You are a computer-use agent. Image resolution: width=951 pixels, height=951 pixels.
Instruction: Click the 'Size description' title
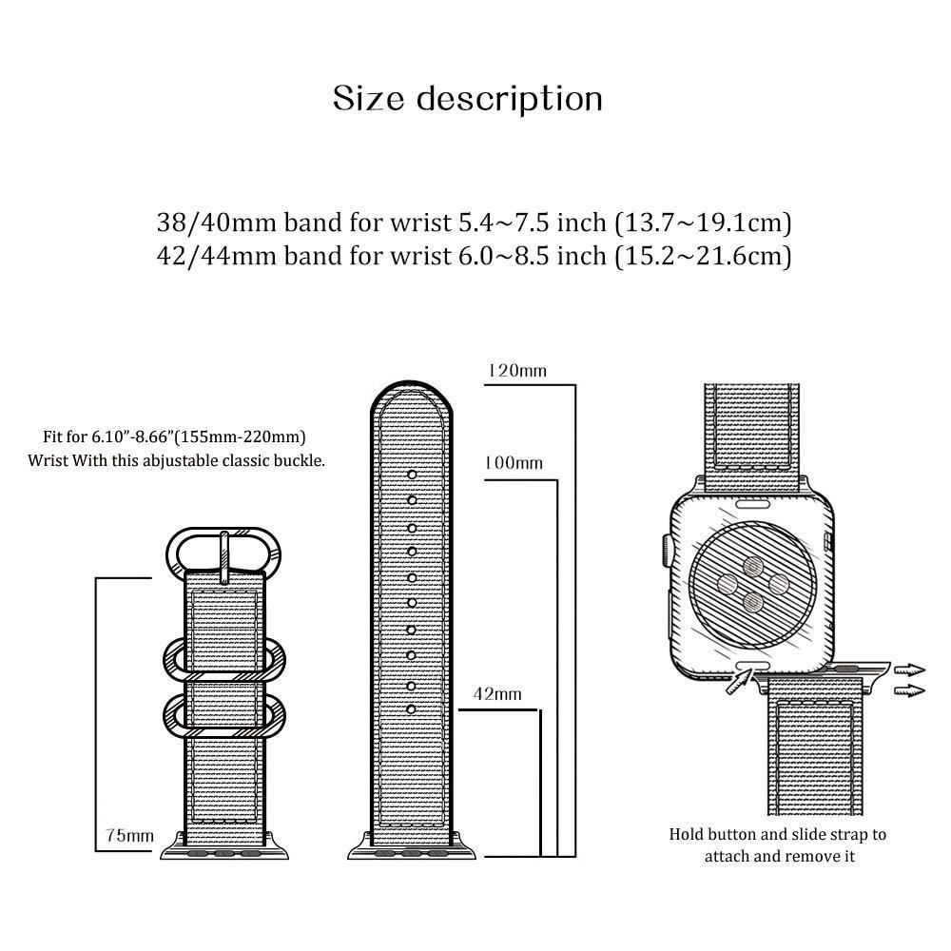tap(468, 99)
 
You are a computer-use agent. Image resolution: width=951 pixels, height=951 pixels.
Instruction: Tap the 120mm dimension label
tap(516, 371)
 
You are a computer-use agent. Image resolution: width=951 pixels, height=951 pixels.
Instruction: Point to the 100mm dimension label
tap(514, 463)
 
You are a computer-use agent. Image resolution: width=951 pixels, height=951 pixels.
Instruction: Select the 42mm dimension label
tap(497, 694)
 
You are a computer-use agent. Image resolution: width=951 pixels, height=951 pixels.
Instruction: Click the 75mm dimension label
tap(129, 836)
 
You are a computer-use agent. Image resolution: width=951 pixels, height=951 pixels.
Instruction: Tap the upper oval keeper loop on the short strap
tap(223, 656)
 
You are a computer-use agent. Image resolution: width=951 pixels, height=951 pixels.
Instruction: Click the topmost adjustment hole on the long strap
tap(412, 474)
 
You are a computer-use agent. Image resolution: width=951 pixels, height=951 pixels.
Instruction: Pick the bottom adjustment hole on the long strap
tap(412, 709)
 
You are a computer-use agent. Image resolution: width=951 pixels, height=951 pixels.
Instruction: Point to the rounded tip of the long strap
tap(412, 399)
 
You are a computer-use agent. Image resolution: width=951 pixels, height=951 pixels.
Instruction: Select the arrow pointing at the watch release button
tap(735, 681)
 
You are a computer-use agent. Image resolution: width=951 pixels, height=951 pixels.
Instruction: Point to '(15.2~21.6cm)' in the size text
tap(703, 255)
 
